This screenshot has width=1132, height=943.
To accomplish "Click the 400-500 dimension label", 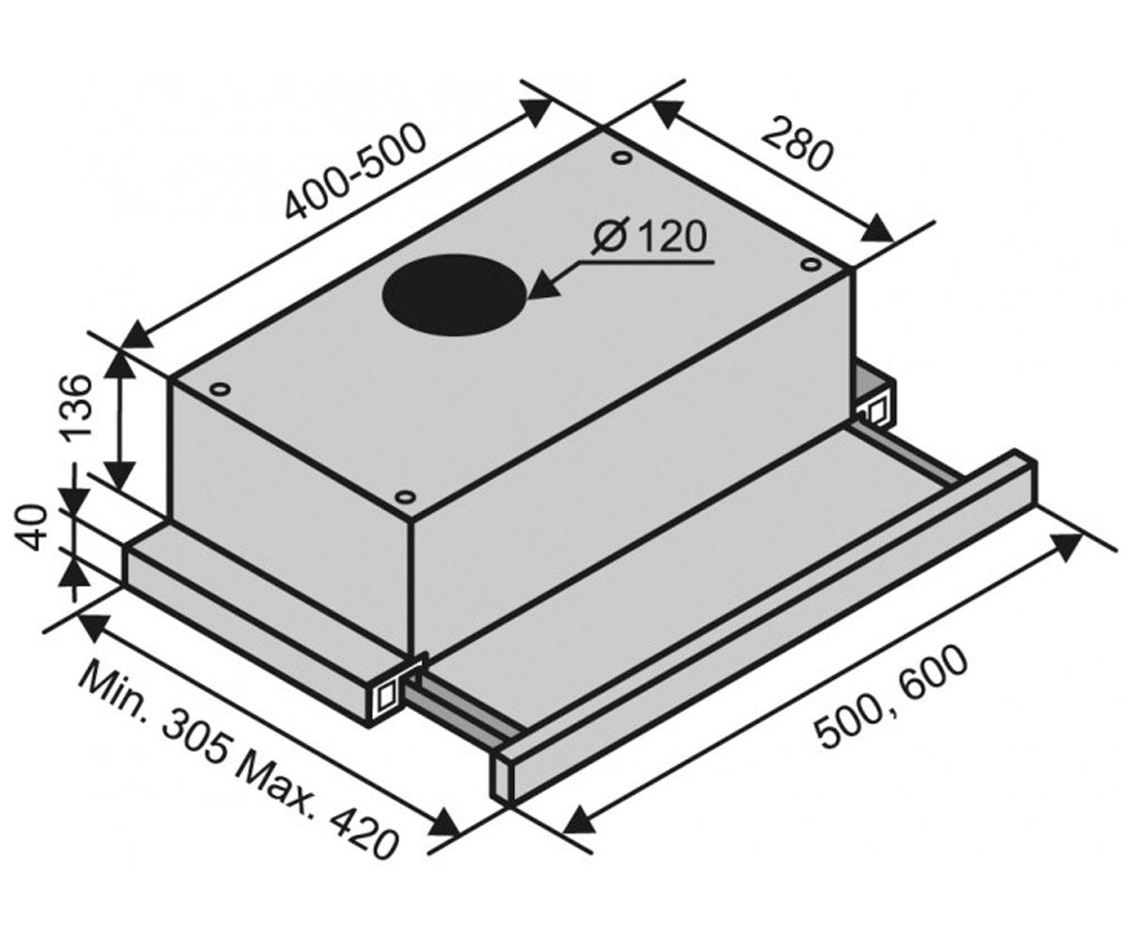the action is tap(355, 173).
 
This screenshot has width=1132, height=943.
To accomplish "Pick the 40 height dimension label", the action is tap(30, 527).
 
